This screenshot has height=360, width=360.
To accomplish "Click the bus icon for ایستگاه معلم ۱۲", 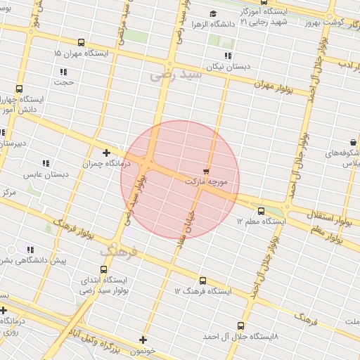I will [262, 210].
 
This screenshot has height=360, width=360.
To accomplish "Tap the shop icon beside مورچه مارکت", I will [206, 170].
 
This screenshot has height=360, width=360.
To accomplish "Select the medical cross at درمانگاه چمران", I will [106, 153].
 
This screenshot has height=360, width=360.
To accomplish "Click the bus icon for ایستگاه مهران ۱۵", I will [82, 43].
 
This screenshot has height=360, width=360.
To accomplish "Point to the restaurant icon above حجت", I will [63, 72].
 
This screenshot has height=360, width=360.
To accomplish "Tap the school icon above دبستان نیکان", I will [227, 55].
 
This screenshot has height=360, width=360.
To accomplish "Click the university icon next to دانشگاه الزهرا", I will [213, 13].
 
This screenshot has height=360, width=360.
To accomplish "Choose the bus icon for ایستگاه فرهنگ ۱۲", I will [202, 281].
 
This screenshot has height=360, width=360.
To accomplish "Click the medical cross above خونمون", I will [143, 340].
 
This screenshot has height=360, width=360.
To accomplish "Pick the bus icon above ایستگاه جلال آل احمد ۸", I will [240, 326].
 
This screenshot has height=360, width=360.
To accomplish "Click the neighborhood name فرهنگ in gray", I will [115, 251].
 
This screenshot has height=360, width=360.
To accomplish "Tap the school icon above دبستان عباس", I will [46, 163].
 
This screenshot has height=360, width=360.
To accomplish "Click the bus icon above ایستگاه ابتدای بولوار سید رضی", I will [104, 269].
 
